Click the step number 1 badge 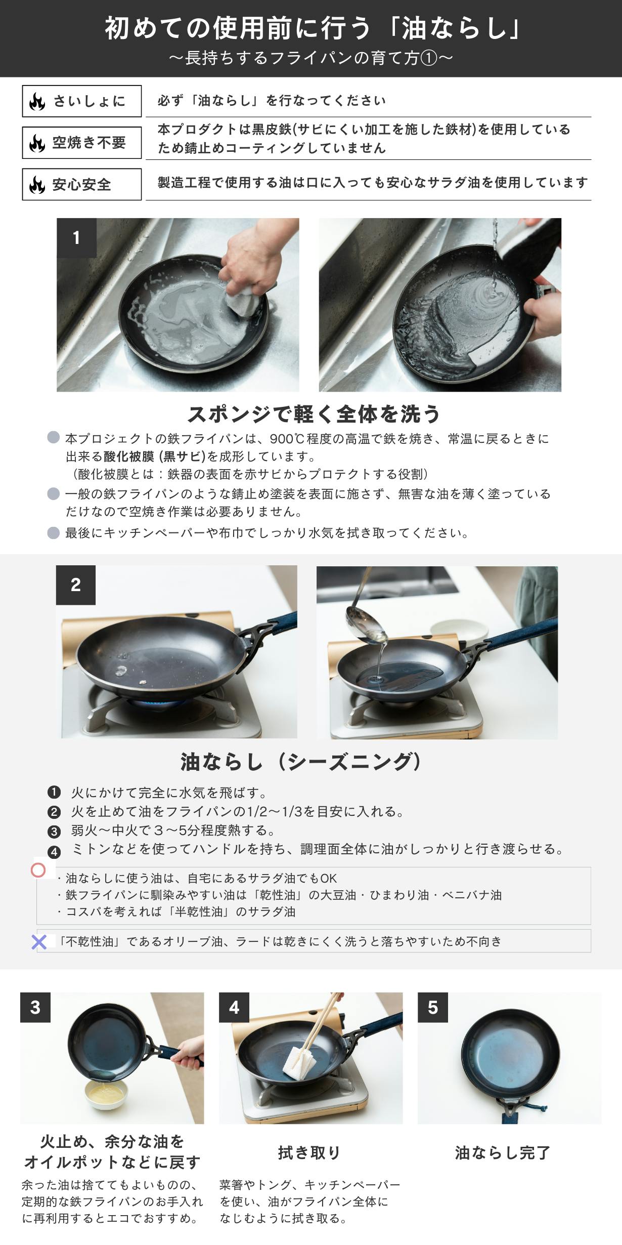pyautogui.click(x=76, y=238)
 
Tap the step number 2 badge pyautogui.click(x=76, y=585)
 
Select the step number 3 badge pyautogui.click(x=35, y=1007)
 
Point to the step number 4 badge pyautogui.click(x=234, y=1007)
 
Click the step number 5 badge pyautogui.click(x=433, y=1007)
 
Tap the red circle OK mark pyautogui.click(x=38, y=870)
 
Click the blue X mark pyautogui.click(x=39, y=942)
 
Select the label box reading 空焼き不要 pyautogui.click(x=82, y=143)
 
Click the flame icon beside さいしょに pyautogui.click(x=37, y=101)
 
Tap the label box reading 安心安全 pyautogui.click(x=82, y=184)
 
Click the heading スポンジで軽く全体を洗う pyautogui.click(x=314, y=414)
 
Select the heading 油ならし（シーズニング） pyautogui.click(x=301, y=762)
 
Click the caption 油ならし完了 pyautogui.click(x=502, y=1152)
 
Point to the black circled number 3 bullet pyautogui.click(x=54, y=831)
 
